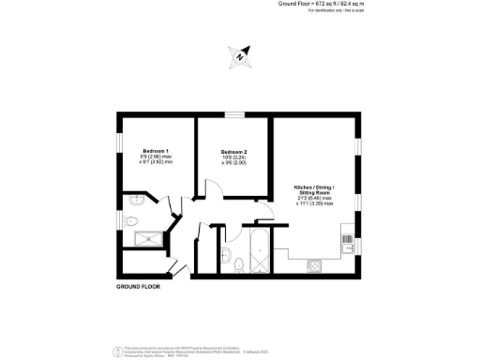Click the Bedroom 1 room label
(x=154, y=150)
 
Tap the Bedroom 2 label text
(x=233, y=152)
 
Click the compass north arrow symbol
(x=240, y=56)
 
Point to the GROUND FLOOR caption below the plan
(x=141, y=285)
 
